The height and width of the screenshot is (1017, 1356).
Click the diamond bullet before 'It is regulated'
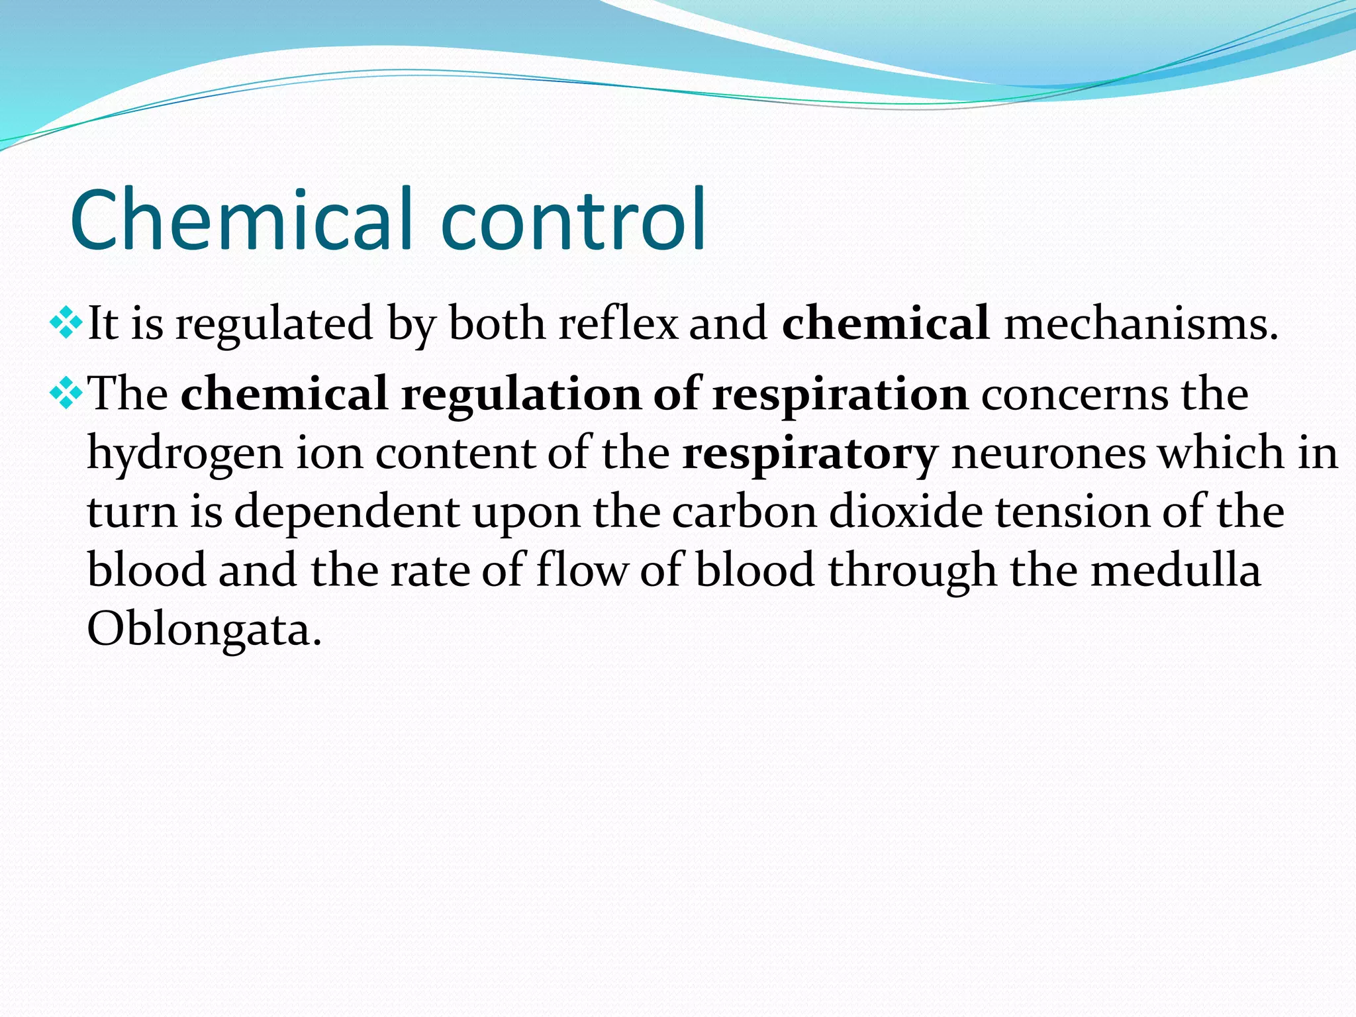(66, 322)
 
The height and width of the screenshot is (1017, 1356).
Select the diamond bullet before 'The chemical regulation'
(66, 393)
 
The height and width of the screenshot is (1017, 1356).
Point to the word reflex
(618, 324)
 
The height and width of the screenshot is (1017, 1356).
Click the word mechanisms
(1141, 324)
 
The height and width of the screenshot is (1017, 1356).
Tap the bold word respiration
(840, 395)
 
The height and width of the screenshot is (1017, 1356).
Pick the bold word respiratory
(810, 455)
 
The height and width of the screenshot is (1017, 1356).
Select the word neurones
(1048, 454)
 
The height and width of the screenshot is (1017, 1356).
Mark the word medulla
(1175, 570)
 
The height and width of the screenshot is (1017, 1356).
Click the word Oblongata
(204, 630)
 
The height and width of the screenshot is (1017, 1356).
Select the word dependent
(347, 513)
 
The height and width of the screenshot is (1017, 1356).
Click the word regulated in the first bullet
(274, 325)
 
